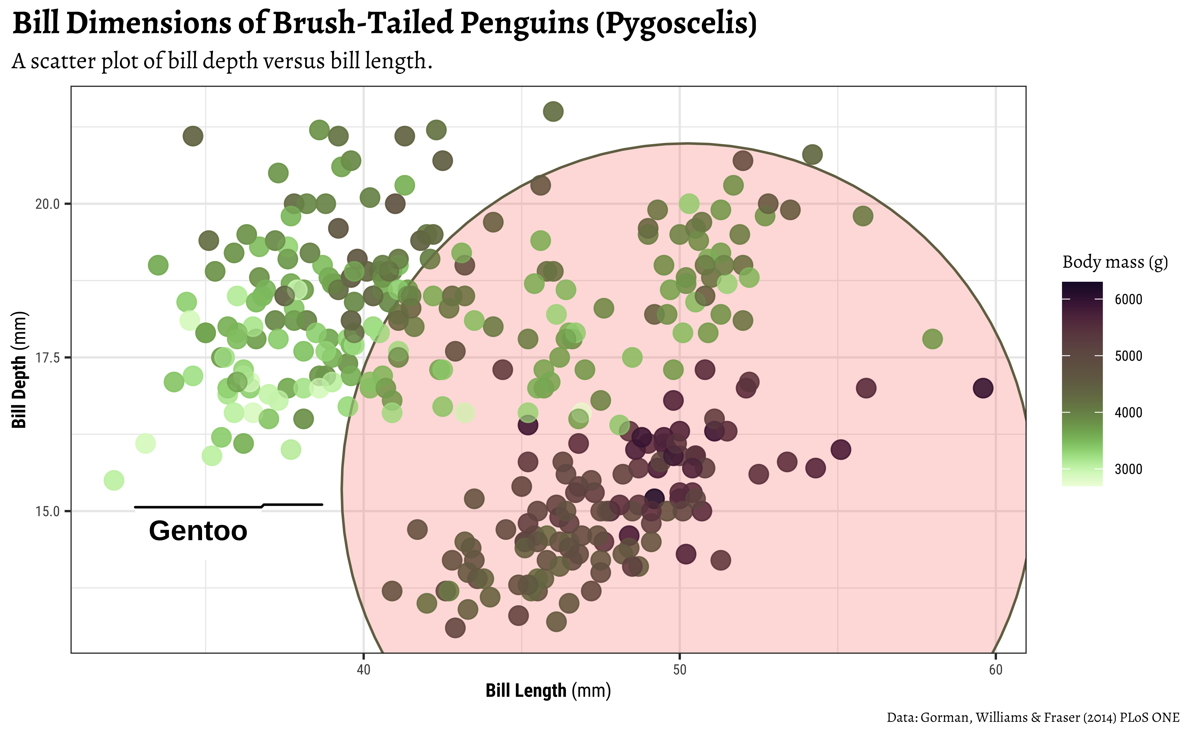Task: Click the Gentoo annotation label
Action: pyautogui.click(x=198, y=531)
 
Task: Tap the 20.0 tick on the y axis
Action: pyautogui.click(x=47, y=204)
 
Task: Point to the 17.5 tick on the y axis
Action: pyautogui.click(x=47, y=357)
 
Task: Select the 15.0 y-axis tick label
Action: pyautogui.click(x=47, y=511)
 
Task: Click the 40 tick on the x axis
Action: pyautogui.click(x=363, y=670)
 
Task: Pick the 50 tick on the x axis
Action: pyautogui.click(x=679, y=670)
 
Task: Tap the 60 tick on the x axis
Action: pyautogui.click(x=996, y=670)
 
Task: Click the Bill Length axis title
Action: pyautogui.click(x=548, y=691)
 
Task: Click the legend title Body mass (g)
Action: pyautogui.click(x=1115, y=262)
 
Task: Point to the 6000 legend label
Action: pyautogui.click(x=1128, y=299)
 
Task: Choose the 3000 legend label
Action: pyautogui.click(x=1128, y=469)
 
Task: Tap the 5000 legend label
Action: pyautogui.click(x=1128, y=356)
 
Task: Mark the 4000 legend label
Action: pyautogui.click(x=1128, y=412)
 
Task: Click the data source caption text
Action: pyautogui.click(x=1033, y=717)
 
